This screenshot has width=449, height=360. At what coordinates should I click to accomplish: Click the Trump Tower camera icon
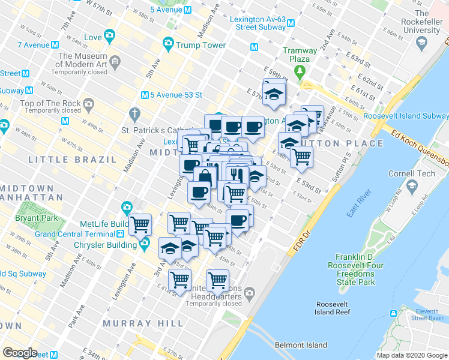pos(168,44)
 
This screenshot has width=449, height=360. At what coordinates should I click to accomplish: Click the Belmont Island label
pos(301,345)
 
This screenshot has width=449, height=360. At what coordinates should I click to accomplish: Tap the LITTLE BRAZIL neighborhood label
pos(73,160)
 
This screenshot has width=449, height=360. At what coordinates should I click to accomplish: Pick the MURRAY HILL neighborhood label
pos(143,323)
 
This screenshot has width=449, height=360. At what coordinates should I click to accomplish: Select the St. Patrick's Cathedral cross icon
pos(135,113)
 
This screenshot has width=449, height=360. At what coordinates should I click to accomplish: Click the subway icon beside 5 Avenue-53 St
pos(145,95)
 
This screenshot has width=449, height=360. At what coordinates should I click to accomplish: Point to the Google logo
pos(20,353)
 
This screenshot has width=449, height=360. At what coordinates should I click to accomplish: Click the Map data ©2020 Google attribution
pos(411,355)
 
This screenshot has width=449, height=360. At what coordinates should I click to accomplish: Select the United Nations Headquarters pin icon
pos(249,293)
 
